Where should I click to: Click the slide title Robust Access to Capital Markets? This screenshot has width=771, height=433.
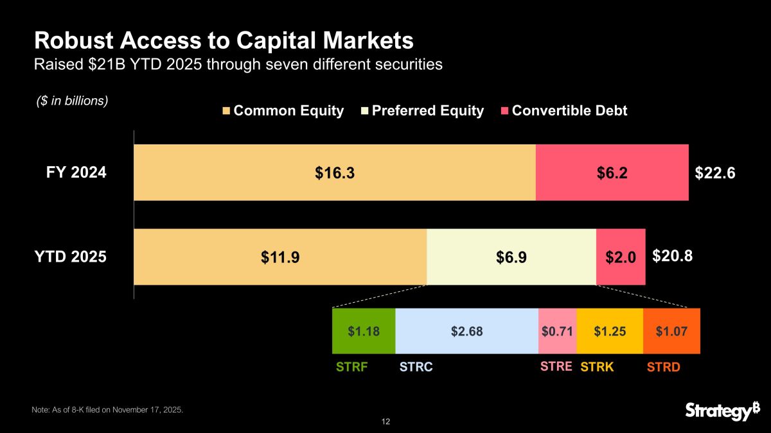tap(224, 41)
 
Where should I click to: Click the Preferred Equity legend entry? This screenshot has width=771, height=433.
tap(425, 110)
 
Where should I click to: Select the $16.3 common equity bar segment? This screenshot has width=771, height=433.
tap(334, 173)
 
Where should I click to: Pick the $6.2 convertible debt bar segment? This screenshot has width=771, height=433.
tap(612, 173)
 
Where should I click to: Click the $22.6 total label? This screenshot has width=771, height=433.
tap(715, 173)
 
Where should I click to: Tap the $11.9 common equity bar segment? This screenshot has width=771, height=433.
tap(280, 257)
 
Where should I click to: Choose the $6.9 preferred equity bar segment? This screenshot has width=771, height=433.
tap(511, 257)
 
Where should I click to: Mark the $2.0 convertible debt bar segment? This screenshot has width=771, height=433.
tap(621, 257)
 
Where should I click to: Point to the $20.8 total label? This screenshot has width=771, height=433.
tap(673, 257)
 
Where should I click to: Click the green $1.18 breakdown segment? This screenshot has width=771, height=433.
tap(364, 331)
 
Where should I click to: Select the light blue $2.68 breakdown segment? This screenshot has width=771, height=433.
tap(466, 331)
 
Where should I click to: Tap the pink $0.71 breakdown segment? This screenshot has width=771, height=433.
tap(557, 331)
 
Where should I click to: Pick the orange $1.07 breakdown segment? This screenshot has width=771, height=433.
tap(671, 331)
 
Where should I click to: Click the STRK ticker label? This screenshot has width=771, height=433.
tap(598, 368)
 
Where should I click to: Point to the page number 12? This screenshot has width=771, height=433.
tap(385, 421)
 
